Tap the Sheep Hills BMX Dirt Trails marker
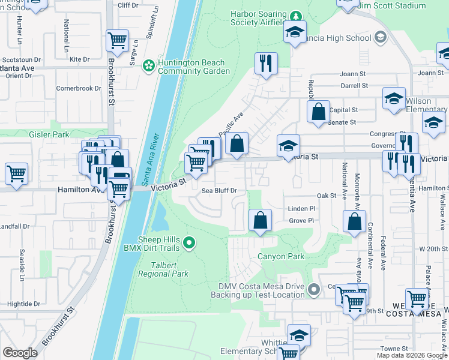[x=190, y=242]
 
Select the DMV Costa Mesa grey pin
[x=313, y=290]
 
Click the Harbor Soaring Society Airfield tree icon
[x=295, y=15]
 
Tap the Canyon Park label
[x=281, y=256]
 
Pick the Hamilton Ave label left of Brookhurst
[x=81, y=189]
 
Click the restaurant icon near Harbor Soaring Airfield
[x=265, y=62]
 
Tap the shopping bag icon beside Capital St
[x=318, y=111]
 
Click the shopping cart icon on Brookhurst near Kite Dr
[x=117, y=41]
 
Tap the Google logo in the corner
[x=20, y=353]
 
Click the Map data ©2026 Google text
[x=411, y=355]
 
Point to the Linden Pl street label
[x=302, y=208]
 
